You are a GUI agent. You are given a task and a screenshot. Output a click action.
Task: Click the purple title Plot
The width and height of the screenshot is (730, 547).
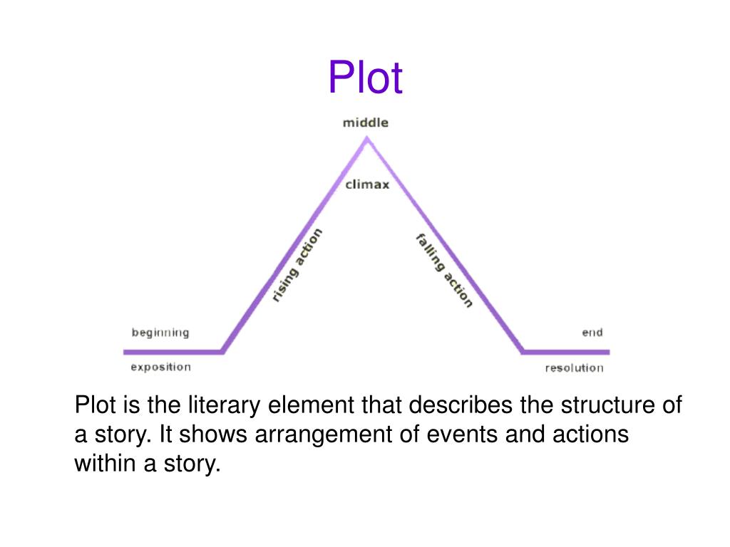click(x=365, y=77)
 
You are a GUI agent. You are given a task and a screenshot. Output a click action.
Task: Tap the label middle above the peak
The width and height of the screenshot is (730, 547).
click(x=366, y=123)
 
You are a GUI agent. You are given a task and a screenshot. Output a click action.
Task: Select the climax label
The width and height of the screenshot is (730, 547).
click(x=367, y=184)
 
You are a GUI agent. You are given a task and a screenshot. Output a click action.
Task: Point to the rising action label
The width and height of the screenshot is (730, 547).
click(x=297, y=265)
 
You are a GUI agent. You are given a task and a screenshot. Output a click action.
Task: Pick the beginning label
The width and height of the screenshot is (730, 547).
click(x=160, y=333)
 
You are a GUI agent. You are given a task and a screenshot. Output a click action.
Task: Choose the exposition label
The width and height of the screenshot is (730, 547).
click(x=160, y=367)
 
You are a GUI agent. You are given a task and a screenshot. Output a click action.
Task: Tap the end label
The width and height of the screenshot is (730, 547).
click(x=592, y=333)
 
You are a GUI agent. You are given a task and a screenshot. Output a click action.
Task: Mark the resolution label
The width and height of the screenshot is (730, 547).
click(x=574, y=368)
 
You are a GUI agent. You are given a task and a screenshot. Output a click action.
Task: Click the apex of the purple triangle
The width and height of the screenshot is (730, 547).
click(x=367, y=137)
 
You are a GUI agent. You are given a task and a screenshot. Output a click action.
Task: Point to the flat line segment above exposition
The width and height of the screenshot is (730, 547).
click(x=173, y=352)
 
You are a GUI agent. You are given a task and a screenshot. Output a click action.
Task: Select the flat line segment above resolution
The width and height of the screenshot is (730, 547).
click(x=565, y=352)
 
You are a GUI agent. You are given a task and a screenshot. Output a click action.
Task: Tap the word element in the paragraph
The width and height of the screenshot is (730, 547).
click(x=312, y=405)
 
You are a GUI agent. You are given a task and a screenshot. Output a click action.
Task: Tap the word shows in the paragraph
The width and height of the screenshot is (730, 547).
click(x=213, y=434)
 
